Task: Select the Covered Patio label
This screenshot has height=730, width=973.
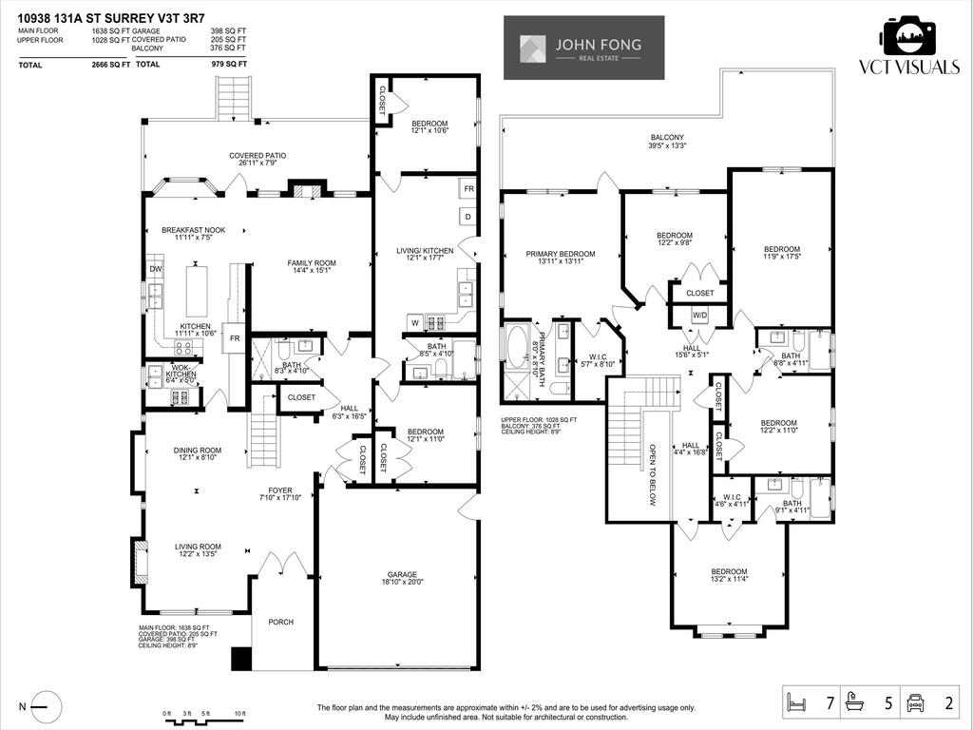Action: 257,159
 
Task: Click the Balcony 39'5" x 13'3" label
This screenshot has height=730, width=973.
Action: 667,142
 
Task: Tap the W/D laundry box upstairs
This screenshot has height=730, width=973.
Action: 700,315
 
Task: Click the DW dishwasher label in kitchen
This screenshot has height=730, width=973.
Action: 154,269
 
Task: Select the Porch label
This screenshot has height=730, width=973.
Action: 280,622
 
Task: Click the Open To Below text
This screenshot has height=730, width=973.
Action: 653,474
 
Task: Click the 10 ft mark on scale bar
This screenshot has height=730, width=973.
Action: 239,713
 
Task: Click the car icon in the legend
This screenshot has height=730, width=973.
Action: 917,704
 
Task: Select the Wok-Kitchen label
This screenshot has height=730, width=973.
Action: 181,372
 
